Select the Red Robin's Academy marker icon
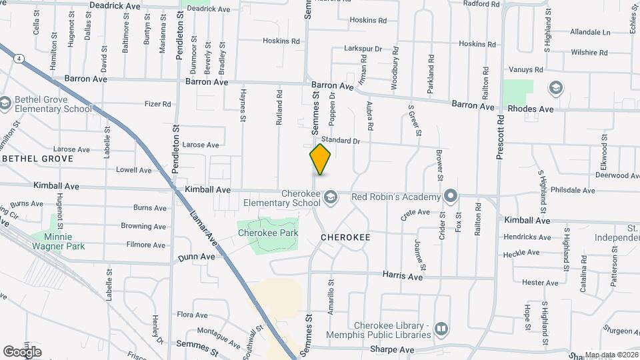(451, 196)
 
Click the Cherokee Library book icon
(441, 329)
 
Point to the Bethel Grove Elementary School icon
(5, 103)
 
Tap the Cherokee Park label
(268, 233)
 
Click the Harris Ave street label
(403, 275)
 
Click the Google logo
(21, 351)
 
